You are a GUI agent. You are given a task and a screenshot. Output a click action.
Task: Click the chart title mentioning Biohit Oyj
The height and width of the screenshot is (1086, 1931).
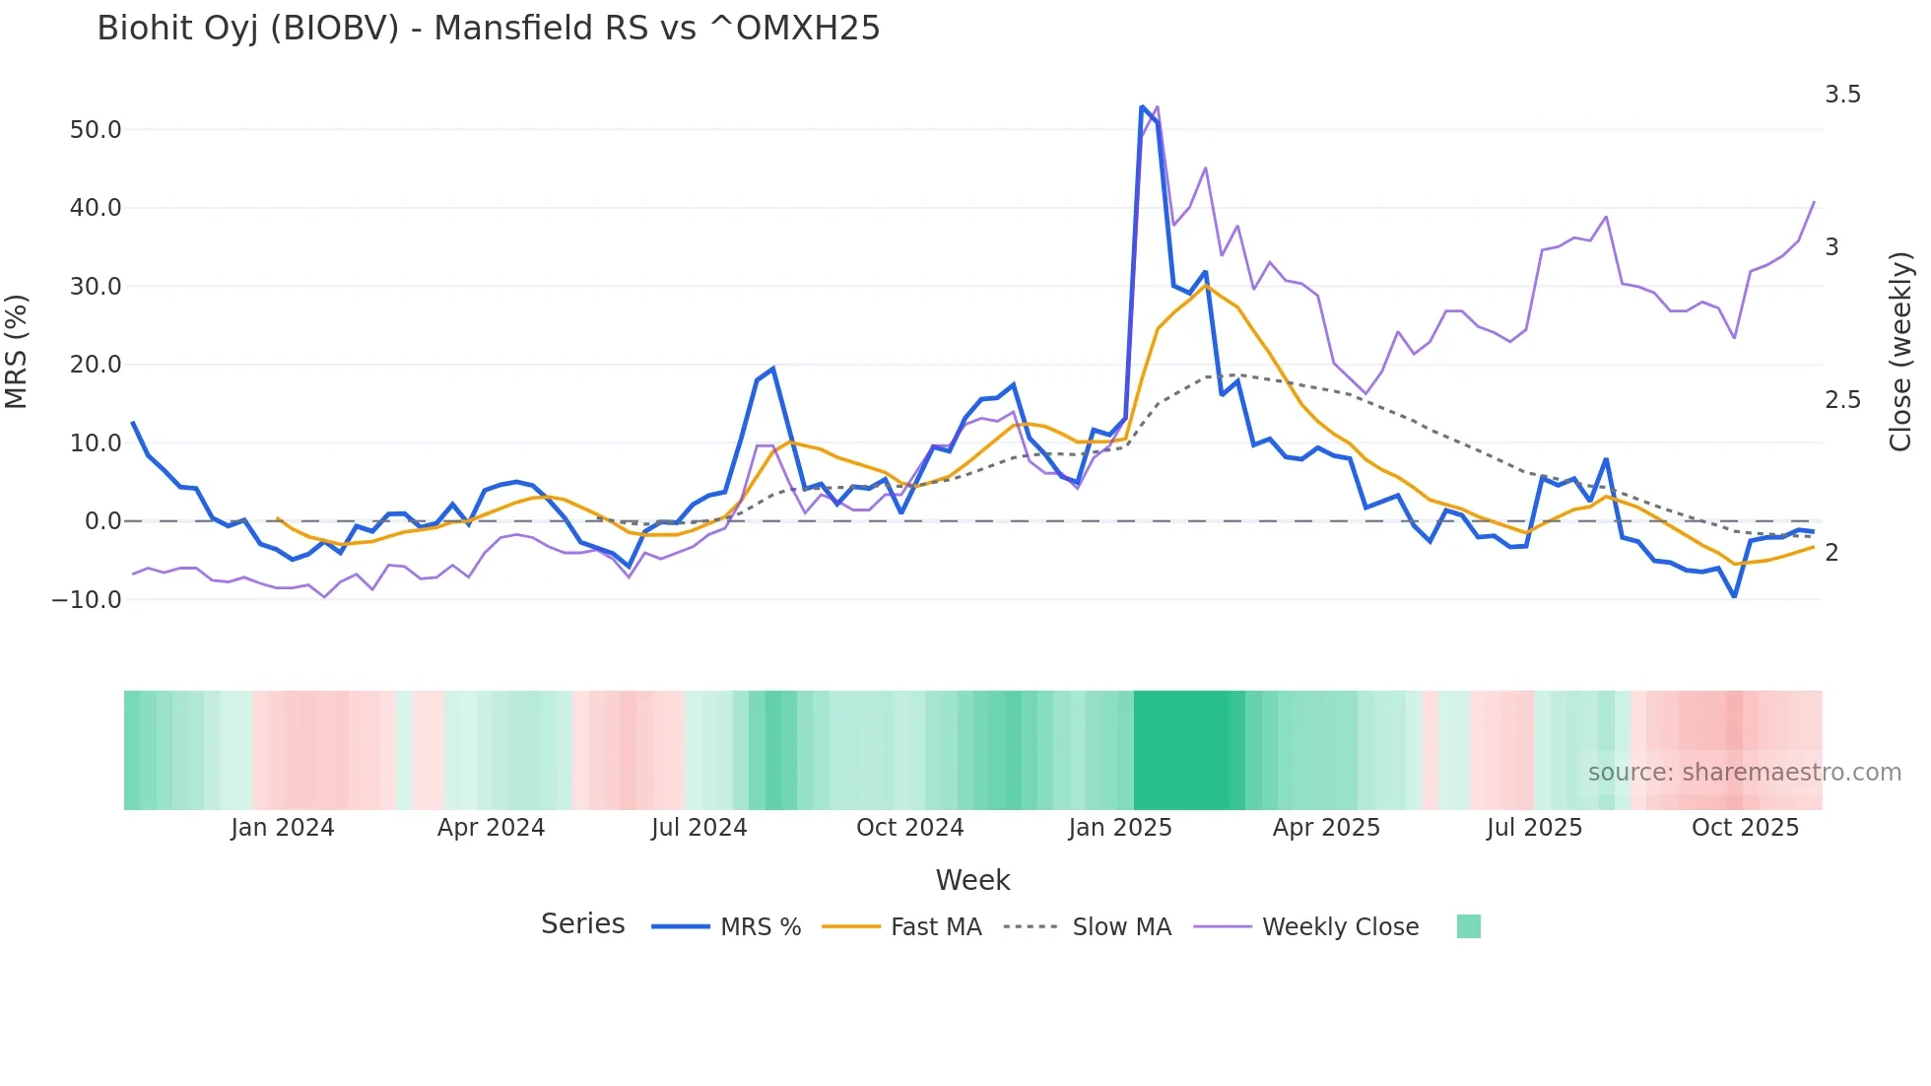488,29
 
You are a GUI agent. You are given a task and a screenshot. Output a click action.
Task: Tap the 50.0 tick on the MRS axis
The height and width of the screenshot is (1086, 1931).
96,130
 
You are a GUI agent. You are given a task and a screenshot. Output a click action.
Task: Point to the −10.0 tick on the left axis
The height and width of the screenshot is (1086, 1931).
87,599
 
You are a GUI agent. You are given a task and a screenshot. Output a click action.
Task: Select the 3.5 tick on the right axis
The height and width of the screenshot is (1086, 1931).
1842,95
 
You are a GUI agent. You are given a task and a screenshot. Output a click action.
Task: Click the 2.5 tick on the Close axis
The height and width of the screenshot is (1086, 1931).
1842,400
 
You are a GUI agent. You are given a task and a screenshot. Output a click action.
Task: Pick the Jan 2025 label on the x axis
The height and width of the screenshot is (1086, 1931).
1120,828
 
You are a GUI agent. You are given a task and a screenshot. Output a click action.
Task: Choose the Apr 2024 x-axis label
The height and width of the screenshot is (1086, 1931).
491,828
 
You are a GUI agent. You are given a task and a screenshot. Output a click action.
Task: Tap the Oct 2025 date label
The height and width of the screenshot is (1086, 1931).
1745,828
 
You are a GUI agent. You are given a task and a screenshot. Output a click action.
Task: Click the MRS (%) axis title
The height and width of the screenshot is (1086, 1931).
17,351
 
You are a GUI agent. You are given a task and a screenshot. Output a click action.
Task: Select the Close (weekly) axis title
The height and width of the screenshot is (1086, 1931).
1900,351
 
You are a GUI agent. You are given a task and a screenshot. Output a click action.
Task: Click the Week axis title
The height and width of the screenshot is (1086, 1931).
972,880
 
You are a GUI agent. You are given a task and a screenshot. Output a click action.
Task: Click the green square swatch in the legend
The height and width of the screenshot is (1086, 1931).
1468,926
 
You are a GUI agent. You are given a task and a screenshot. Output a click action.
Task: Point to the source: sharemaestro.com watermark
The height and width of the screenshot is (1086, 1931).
1744,773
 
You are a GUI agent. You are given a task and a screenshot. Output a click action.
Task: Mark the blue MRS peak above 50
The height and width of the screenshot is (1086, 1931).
1142,106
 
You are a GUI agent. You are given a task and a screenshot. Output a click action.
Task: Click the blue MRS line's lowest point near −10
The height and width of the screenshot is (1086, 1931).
1734,596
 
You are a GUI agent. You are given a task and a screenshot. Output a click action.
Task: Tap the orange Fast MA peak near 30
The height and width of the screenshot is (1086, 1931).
1205,286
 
